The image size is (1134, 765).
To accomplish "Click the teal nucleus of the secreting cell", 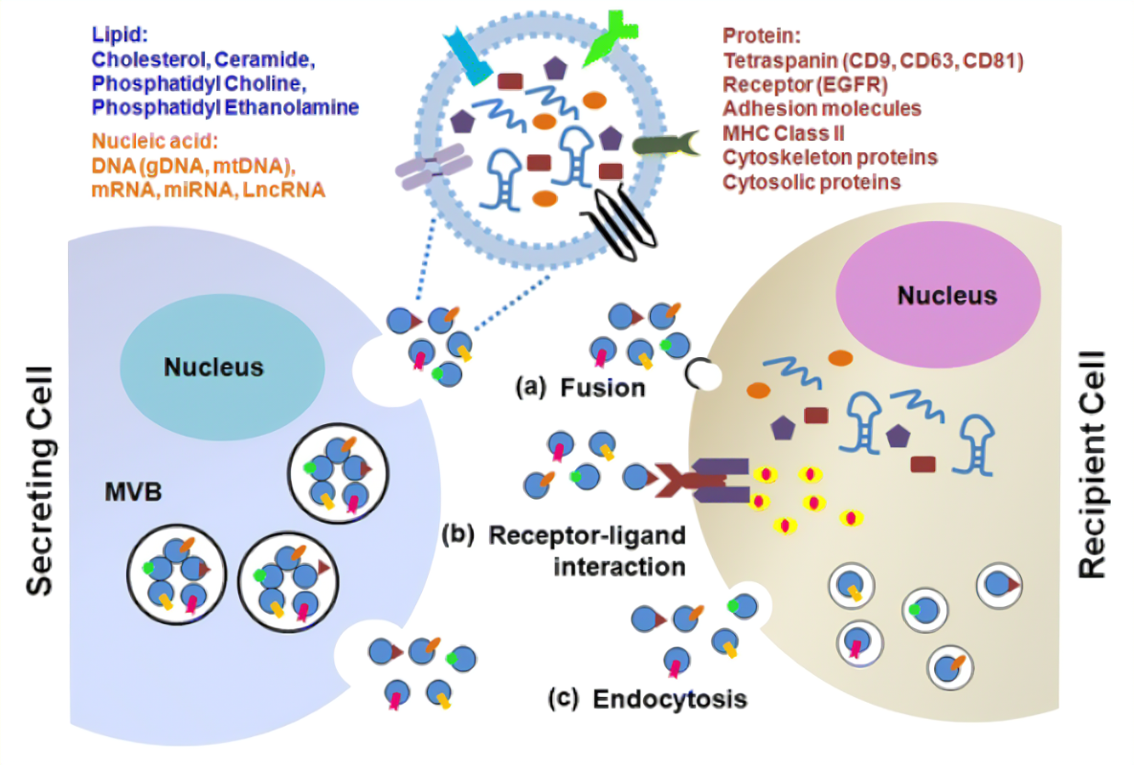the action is coord(222,367).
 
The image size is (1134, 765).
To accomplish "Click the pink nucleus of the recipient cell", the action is coord(938,295).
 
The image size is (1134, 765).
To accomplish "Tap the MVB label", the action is coord(133,492).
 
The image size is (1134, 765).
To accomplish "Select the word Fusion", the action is coord(603,388).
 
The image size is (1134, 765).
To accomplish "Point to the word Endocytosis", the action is coord(670,699).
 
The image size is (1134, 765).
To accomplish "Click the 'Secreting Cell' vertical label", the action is coord(40,481).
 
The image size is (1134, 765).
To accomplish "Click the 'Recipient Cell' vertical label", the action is coord(1092,464).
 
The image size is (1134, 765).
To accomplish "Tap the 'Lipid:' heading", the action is coord(120,34).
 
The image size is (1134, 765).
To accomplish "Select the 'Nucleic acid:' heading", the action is coord(154,141).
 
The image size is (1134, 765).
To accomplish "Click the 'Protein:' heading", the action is coord(762,35).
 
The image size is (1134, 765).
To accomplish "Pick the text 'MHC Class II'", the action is coord(783,133).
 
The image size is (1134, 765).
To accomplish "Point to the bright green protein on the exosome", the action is coord(609,37).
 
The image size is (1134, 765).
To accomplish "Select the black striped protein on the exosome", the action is coord(625,222).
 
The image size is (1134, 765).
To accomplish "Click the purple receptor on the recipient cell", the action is coord(719,481).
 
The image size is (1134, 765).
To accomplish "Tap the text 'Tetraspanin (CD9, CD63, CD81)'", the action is coord(873,60).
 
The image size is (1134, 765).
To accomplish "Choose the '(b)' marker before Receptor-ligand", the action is coord(457,535).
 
